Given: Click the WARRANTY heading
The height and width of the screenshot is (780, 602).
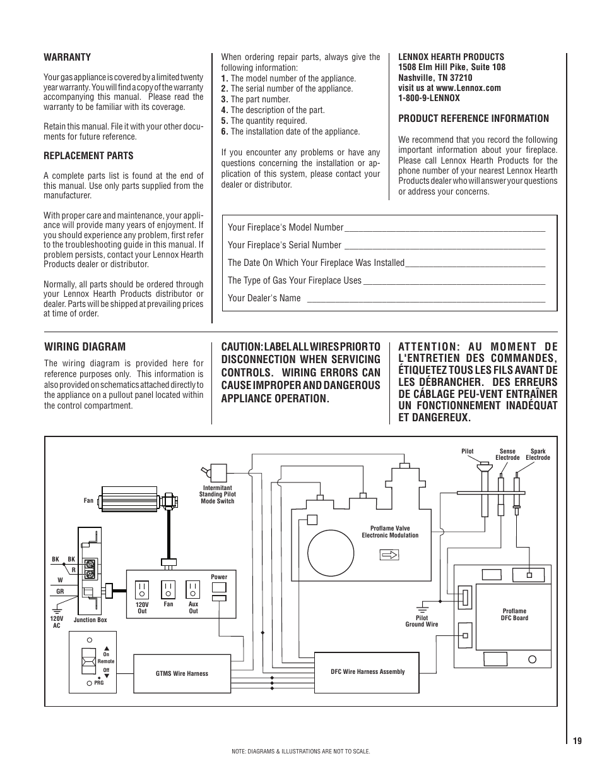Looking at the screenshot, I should coord(67,57).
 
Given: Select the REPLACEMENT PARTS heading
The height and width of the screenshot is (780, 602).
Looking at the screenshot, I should coord(88,156).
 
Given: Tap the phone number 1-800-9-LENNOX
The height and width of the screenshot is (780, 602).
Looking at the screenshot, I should coord(429,98).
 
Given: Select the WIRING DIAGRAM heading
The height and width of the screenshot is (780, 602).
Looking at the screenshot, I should coord(85,346).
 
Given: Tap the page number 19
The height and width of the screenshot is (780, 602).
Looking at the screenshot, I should coord(577,741).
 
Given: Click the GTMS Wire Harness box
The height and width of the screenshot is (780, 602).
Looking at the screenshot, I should coord(182,673).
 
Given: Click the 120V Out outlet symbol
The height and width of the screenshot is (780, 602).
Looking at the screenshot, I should coord(142,589).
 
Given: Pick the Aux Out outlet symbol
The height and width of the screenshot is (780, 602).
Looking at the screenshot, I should coord(193,589).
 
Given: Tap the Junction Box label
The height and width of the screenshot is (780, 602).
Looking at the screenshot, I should coord(90,620).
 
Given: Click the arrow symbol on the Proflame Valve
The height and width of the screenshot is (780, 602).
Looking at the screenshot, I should coord(390,555).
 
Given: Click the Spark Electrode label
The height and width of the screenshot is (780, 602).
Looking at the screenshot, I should coord(538,454).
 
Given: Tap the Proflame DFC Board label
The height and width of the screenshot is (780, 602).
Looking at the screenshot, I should coord(514,615).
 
